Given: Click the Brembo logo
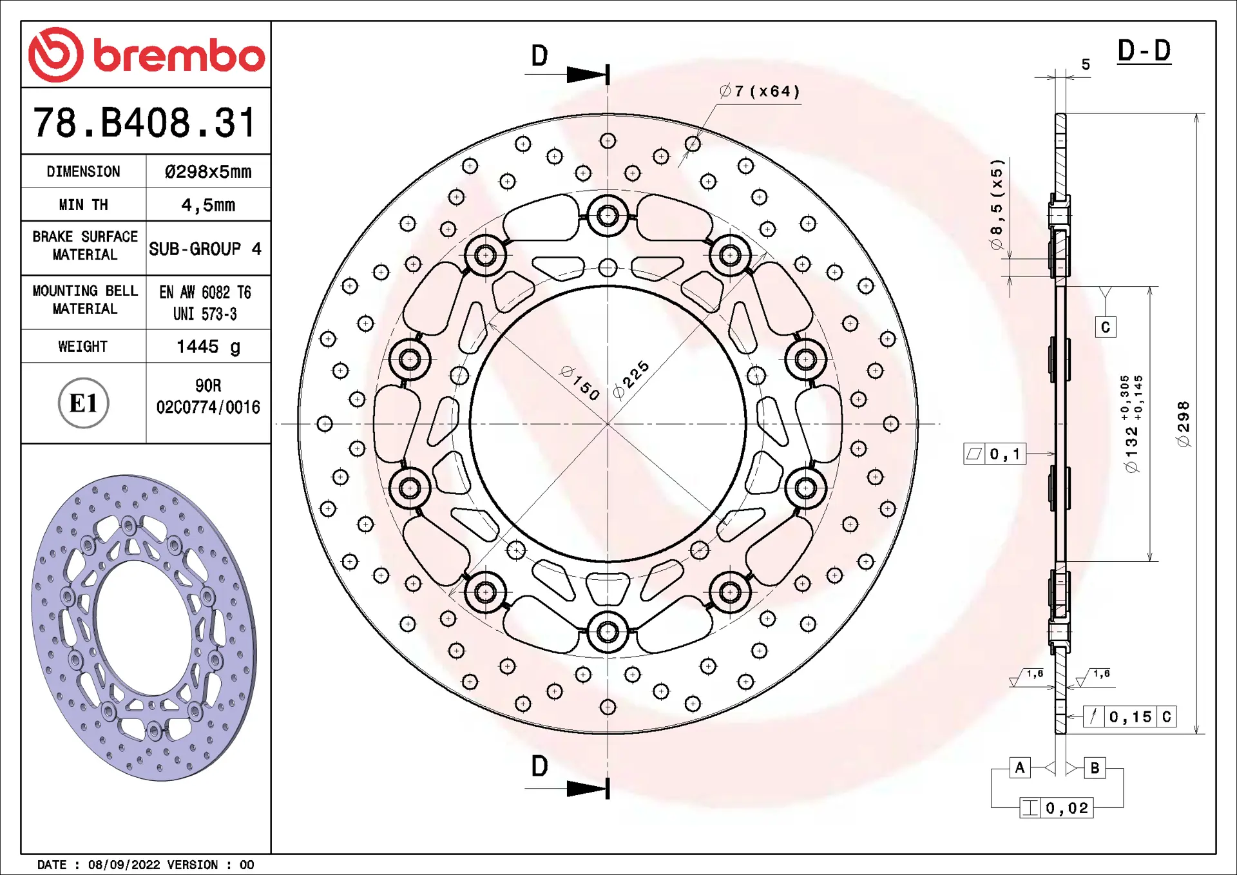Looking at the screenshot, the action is click(146, 55).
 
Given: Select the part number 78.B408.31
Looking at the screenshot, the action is click(145, 122).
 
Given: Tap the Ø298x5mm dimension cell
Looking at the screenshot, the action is click(208, 171).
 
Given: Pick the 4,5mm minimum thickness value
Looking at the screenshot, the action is click(208, 205).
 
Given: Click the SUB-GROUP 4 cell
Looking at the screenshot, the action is click(205, 249).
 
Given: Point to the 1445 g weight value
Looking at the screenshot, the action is click(208, 347).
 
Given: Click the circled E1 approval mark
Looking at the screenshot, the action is click(83, 403).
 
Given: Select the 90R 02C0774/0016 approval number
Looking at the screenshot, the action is click(208, 396).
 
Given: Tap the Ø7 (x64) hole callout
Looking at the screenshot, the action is click(760, 91).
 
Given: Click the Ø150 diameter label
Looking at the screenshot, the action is click(580, 383).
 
